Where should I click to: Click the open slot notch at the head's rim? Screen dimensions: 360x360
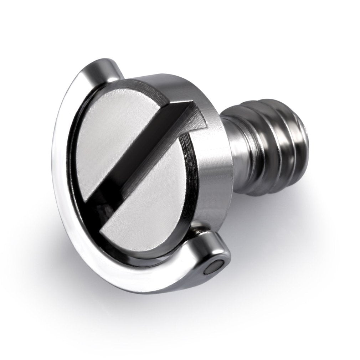click(x=194, y=114)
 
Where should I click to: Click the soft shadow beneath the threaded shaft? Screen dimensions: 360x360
click(x=278, y=210)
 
